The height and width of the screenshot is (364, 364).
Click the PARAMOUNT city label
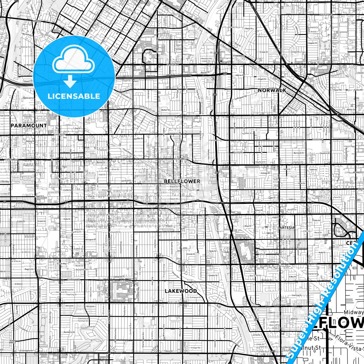(x=28, y=125)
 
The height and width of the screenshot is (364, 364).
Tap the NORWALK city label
(x=272, y=90)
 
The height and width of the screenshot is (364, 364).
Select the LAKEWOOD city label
(x=181, y=291)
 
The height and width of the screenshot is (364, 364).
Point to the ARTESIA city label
(x=287, y=227)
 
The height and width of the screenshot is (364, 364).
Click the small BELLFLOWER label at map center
(x=182, y=181)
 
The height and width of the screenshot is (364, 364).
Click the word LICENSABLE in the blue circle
(x=74, y=96)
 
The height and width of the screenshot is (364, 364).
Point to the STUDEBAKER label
(x=239, y=56)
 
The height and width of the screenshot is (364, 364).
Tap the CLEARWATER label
(x=60, y=135)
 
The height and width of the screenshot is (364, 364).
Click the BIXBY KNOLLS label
(x=13, y=342)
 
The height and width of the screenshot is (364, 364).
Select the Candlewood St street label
(x=74, y=279)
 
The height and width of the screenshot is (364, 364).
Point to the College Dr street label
(x=265, y=173)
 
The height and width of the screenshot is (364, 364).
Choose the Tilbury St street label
(x=168, y=351)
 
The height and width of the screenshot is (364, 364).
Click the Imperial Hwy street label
(x=173, y=65)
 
